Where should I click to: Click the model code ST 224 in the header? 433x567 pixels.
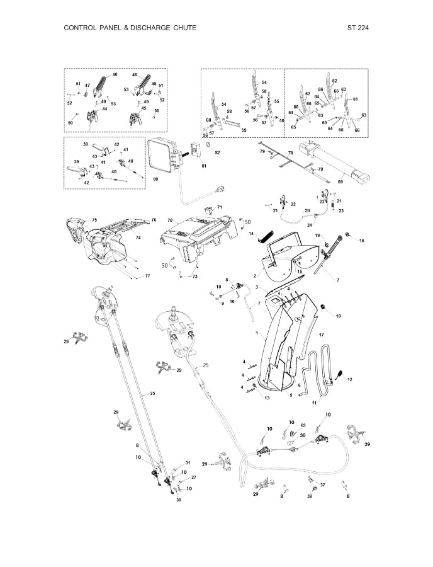coord(357,28)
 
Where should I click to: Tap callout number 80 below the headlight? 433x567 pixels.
coord(155,179)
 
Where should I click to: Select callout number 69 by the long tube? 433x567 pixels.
coord(340,181)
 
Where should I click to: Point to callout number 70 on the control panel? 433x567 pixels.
coord(170,220)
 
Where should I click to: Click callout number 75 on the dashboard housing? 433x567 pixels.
coord(94,219)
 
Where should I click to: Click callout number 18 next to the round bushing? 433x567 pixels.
coord(339,316)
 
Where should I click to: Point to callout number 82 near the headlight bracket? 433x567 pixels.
coord(218,153)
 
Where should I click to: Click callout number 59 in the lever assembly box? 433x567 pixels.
coord(244,130)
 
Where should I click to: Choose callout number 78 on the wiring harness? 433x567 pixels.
coord(290,153)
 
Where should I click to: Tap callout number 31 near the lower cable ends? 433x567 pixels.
coord(188,463)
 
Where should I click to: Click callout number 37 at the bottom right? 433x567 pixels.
coord(322,485)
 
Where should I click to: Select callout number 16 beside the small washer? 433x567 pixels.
coord(361,241)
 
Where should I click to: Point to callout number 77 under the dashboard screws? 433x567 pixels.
coord(147,276)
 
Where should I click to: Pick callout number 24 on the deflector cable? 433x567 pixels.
coord(310,224)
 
